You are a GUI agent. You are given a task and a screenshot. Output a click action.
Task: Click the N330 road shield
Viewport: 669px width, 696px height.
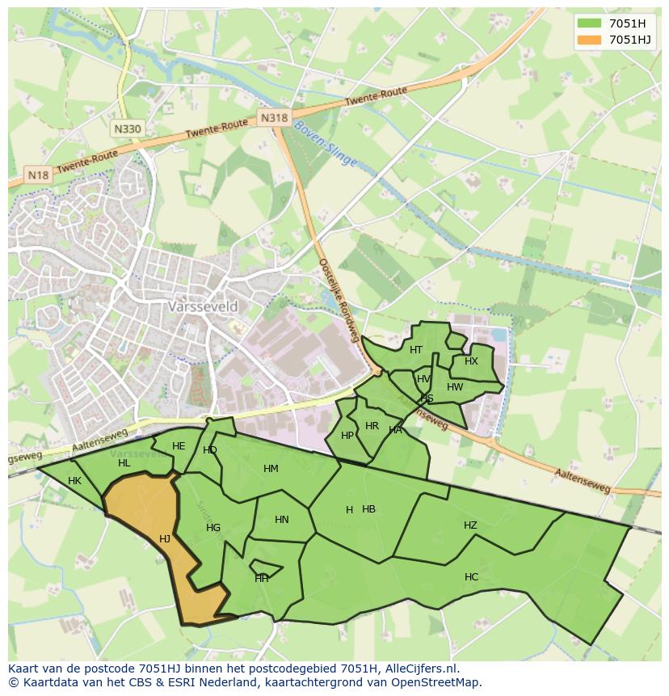[x=128, y=129]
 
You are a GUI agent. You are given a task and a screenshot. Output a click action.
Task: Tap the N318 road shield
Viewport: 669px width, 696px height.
[x=274, y=118]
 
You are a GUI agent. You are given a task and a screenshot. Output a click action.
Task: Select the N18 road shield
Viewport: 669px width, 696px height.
[x=37, y=175]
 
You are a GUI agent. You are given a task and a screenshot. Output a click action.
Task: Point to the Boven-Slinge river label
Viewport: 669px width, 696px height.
[x=325, y=145]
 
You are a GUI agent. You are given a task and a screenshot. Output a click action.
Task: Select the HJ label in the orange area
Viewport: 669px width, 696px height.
[x=165, y=539]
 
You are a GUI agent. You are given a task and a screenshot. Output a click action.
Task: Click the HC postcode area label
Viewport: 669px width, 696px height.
[x=471, y=577]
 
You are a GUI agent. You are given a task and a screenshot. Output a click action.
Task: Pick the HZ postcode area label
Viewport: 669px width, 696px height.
[x=470, y=525]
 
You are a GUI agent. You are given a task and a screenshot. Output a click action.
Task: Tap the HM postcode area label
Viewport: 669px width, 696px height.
[x=271, y=469]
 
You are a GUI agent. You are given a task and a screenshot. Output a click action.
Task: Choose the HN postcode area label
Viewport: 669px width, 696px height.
[x=281, y=520]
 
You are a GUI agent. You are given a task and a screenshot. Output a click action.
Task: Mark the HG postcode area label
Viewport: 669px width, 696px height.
[x=213, y=528]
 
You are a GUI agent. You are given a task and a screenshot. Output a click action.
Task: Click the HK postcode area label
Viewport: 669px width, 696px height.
[x=74, y=481]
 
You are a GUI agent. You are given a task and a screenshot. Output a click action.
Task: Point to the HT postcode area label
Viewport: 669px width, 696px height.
[x=416, y=350]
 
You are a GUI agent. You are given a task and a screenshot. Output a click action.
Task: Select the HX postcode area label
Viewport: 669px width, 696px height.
[x=471, y=361]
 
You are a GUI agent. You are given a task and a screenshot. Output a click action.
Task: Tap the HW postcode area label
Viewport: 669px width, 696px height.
[x=455, y=387]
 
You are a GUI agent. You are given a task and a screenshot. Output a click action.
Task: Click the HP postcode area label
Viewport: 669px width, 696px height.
[x=347, y=436]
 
